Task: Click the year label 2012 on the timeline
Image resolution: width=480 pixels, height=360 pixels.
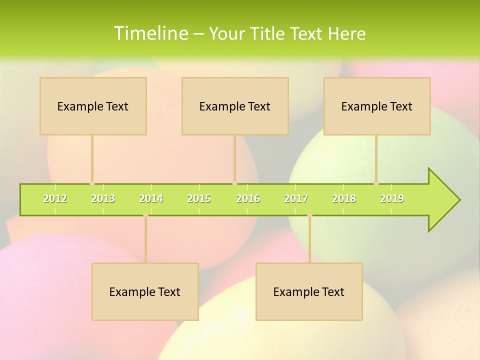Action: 55,198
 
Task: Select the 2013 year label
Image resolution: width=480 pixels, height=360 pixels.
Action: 103,198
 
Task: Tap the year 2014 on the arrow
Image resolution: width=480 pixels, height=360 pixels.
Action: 151,198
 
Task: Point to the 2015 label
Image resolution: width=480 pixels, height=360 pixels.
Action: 199,198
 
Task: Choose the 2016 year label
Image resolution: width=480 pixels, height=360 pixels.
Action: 248,198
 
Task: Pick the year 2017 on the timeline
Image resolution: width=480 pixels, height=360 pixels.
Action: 296,198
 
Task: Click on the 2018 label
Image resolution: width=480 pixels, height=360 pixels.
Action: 344,198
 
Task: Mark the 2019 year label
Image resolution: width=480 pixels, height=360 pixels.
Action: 392,198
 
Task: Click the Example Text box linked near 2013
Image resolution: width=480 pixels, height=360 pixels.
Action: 93,106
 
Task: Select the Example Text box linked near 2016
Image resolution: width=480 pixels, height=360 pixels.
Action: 235,106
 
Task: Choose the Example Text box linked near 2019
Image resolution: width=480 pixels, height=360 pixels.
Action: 377,106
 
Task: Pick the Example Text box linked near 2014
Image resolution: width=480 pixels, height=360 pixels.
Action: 145,291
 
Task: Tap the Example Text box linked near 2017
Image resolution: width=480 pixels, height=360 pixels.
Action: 309,291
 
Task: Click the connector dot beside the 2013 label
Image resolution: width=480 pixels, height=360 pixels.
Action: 92,183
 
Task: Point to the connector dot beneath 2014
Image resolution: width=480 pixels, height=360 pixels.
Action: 145,215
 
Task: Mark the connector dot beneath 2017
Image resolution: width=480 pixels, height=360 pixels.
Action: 309,215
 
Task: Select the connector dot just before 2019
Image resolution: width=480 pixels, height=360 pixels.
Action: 376,183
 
